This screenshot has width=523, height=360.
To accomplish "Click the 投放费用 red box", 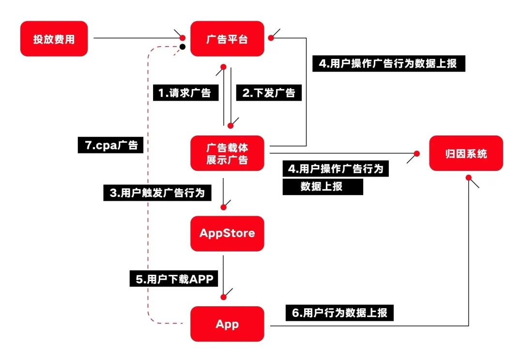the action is pos(54,39).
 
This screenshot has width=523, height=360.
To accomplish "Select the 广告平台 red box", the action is pos(227,39).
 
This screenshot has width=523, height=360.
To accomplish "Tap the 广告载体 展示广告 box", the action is pos(227,153).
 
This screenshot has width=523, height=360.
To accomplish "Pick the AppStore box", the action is pos(227,233).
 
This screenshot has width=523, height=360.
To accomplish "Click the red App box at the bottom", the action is pos(227,324).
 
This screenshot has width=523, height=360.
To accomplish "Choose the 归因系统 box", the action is pos(466,153).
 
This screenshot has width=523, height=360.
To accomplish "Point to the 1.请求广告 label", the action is pos(186,93).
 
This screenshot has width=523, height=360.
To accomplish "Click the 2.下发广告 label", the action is pos(269,93).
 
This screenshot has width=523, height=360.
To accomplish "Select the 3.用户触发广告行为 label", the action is pos(157,193).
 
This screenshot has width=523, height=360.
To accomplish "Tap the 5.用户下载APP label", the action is pos(174,279).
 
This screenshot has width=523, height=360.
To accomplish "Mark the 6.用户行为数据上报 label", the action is pos(339,313).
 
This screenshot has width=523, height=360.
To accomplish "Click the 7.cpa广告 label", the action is pos(110,145).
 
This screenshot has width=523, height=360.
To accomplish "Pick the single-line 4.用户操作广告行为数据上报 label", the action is pos(388,63).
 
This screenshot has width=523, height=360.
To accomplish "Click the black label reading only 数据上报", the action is pos(323,187).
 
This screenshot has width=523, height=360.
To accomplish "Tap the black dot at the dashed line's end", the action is pos(183,46).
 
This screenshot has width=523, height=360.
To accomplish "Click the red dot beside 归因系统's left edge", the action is pos(416,153).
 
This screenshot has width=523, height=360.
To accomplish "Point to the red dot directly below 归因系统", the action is pos(469,178).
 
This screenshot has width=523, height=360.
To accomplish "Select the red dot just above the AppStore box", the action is pos(223,207).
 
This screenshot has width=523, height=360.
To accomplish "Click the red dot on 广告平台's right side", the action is pos(271,38).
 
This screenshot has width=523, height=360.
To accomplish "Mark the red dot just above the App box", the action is pos(223,297).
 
